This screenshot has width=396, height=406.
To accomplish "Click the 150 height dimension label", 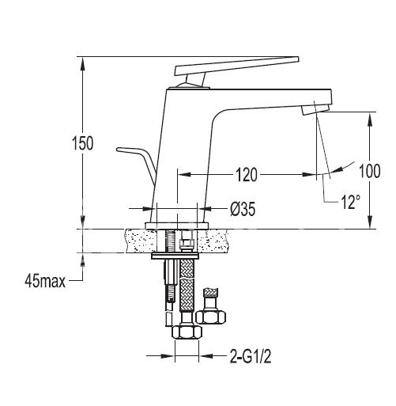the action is point(83,143).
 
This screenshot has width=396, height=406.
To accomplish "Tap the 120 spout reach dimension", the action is point(246,175).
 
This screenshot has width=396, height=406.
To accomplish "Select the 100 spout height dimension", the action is point(370,171).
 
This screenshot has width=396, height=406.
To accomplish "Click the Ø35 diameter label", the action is point(243,209).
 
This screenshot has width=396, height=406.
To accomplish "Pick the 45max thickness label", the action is point(45,281).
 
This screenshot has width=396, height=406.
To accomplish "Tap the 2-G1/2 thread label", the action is point(251,356).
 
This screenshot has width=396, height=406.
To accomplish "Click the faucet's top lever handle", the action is point(237,66).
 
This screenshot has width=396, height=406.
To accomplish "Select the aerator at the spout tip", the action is point(315,108).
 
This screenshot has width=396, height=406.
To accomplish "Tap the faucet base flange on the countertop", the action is point(176,226).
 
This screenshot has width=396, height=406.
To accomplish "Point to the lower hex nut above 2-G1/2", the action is point(187,332).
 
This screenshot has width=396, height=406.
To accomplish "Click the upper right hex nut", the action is point(211,317).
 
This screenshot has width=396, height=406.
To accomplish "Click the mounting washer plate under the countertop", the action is point(175,256).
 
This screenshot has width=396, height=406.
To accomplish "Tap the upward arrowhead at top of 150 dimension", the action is point(83,63).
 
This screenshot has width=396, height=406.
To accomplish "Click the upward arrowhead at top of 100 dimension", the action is point(370,119).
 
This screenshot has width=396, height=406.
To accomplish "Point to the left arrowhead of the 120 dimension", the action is point(184,175).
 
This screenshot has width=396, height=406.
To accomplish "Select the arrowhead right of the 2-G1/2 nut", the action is point(206,356).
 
